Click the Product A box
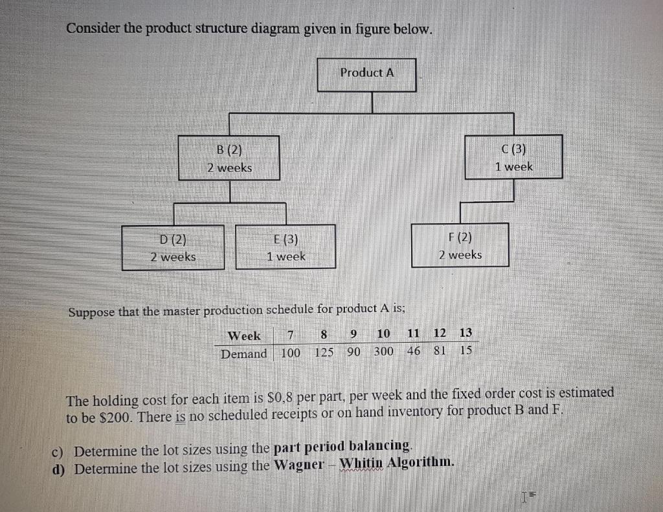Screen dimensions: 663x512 click(x=367, y=74)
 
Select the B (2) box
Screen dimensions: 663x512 click(x=229, y=158)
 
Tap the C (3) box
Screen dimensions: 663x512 click(x=514, y=157)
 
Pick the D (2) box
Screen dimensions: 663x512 click(x=173, y=247)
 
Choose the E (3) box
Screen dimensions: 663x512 click(x=286, y=247)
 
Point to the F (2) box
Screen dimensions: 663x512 click(x=460, y=246)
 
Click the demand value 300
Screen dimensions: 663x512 click(x=383, y=352)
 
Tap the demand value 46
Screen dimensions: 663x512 click(x=413, y=352)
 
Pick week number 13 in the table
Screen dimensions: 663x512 click(x=466, y=333)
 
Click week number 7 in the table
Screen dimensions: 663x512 click(x=291, y=335)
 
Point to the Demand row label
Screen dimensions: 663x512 click(x=243, y=354)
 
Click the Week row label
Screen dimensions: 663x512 click(x=244, y=336)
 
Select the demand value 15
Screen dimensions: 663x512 click(x=466, y=350)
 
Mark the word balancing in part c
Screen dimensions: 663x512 click(x=380, y=447)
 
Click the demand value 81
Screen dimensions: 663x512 click(x=440, y=351)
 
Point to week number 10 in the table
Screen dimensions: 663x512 click(x=383, y=334)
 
